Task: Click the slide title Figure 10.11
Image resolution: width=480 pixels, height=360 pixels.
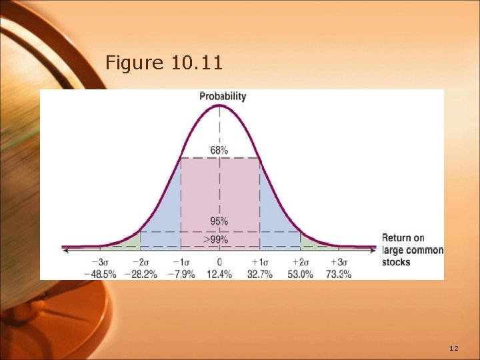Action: pos(164,63)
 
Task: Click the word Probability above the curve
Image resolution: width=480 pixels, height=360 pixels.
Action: pos(223,96)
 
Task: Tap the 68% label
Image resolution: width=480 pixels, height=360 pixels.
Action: pos(219,150)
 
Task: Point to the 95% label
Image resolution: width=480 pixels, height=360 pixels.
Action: pos(219,221)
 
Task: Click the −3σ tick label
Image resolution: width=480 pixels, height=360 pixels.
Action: pos(100,263)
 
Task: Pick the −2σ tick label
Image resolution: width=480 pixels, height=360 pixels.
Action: pos(140,263)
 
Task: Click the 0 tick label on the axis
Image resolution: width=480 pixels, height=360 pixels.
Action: pos(219,263)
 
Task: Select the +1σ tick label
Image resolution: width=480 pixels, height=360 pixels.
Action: pos(259,263)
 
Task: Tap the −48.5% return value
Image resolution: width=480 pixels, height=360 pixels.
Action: pos(100,274)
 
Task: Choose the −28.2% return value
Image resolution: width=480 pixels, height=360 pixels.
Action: pos(140,274)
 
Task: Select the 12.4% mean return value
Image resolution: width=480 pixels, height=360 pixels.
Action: pos(219,274)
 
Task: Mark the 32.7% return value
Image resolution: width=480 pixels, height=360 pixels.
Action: pos(259,274)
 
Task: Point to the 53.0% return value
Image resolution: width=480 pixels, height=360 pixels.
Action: pos(299,274)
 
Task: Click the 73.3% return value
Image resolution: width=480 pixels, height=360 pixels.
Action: pos(339,274)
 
